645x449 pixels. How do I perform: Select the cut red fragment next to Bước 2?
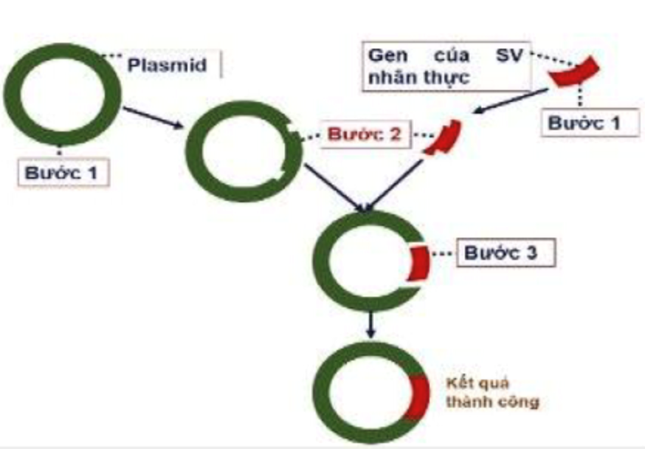coord(444,137)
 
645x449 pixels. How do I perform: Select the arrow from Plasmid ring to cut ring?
coord(154,117)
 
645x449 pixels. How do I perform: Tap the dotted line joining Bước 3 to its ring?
coord(443,254)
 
